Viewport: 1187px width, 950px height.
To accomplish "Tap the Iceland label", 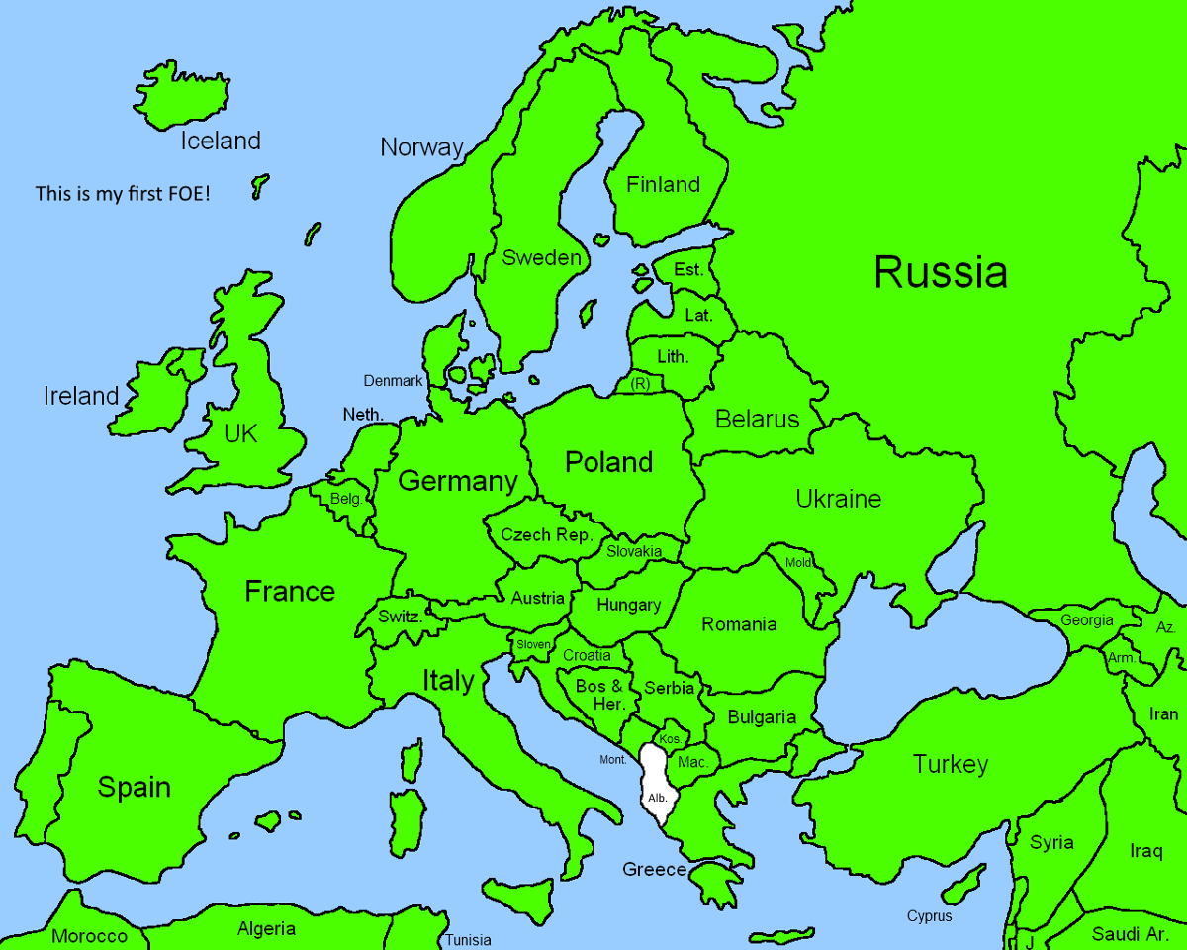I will (x=220, y=141).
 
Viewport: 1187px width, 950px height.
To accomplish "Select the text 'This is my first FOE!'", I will (x=123, y=194).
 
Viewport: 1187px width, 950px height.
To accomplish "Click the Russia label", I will (x=941, y=272).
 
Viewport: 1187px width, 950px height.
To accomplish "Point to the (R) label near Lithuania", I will (x=640, y=383).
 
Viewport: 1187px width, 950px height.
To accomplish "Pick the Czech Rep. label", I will (x=546, y=535).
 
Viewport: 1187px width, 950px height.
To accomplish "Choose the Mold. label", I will (x=797, y=562).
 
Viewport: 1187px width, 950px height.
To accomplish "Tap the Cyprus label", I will (x=929, y=916).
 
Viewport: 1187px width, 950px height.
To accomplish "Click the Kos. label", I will (x=670, y=738).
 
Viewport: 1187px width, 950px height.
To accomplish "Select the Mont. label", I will (x=613, y=760).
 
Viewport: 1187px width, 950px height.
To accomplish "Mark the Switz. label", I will (x=400, y=616).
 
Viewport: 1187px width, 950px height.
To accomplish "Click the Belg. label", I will (x=346, y=499).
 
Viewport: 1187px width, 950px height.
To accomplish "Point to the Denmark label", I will (x=393, y=380).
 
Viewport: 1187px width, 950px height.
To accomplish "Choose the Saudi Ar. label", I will (x=1131, y=934).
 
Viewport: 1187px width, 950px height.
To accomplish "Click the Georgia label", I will (x=1086, y=620).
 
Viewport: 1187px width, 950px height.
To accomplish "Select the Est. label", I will (x=688, y=270).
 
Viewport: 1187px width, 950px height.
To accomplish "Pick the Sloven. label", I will (x=532, y=644).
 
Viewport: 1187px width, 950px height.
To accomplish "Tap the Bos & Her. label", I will (x=599, y=695).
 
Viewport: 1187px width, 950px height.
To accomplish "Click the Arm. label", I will (x=1122, y=658).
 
